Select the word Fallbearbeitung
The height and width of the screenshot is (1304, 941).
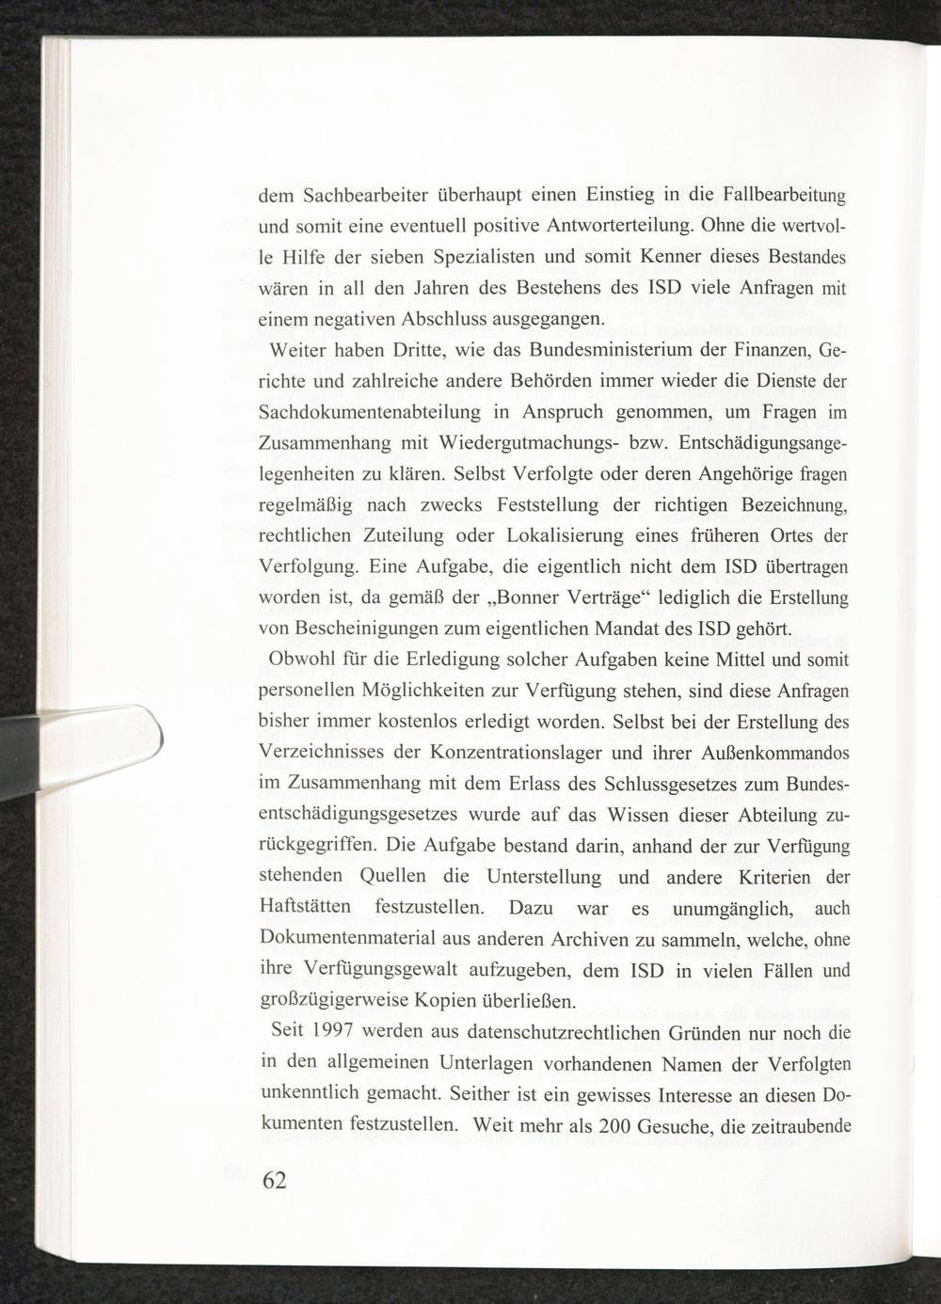[x=785, y=196]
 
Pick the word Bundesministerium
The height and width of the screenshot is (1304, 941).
[x=597, y=352]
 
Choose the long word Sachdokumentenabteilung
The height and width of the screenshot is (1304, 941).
[x=370, y=413]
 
